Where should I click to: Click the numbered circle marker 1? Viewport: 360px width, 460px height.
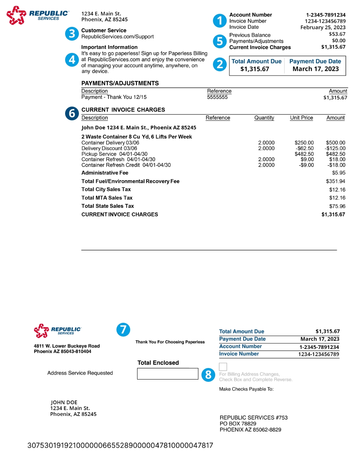(x=219, y=21)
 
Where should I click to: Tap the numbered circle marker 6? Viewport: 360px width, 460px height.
(x=72, y=113)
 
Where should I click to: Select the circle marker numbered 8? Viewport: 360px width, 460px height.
(x=208, y=375)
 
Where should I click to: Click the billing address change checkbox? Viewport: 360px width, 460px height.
(x=223, y=366)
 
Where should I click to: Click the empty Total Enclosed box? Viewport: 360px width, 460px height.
(x=167, y=374)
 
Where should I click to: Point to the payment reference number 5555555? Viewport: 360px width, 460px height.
(x=217, y=97)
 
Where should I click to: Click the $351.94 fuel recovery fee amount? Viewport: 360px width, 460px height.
(x=335, y=181)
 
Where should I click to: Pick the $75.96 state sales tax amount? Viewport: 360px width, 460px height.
(x=337, y=206)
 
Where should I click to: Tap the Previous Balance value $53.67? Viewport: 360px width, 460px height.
(x=337, y=34)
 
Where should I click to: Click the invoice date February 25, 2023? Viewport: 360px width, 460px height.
(x=323, y=27)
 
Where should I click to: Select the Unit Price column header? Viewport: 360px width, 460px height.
(x=301, y=118)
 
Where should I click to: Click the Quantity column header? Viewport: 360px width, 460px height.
(x=264, y=118)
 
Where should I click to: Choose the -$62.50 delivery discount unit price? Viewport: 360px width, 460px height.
(x=305, y=148)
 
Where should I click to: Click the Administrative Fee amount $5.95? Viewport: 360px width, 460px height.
(x=339, y=173)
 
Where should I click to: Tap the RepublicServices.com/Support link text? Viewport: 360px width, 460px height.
(x=118, y=37)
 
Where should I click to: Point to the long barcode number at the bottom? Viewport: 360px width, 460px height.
(x=120, y=445)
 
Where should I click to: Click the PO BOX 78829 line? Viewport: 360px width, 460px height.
(x=238, y=424)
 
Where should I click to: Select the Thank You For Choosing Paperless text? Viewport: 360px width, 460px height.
(x=170, y=342)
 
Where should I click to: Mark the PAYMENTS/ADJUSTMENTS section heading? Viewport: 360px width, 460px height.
(x=120, y=83)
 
